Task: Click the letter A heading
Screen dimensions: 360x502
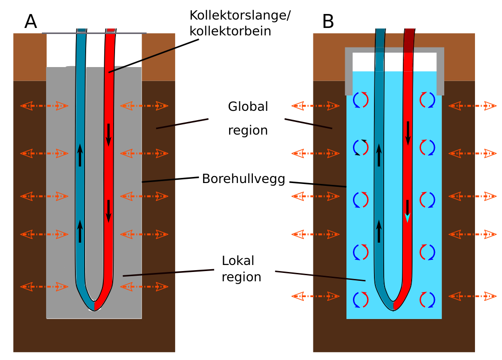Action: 31,21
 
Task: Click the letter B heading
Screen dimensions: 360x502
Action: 328,21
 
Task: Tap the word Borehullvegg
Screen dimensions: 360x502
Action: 243,179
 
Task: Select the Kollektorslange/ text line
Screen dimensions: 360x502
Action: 240,15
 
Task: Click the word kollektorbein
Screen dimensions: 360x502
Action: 230,31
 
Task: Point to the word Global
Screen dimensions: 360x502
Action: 248,107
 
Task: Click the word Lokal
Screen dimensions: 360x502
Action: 238,260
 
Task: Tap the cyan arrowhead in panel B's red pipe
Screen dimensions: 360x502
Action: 407,218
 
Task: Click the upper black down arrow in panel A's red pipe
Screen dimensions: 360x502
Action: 109,134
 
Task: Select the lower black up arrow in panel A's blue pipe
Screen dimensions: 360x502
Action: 80,231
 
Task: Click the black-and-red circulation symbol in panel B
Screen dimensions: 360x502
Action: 360,147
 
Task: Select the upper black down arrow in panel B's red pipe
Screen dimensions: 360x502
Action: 408,133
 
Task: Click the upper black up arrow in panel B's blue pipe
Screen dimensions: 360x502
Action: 379,155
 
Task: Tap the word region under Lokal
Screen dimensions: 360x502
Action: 241,277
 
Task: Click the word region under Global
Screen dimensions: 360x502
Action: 248,130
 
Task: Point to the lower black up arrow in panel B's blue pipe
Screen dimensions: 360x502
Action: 379,231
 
